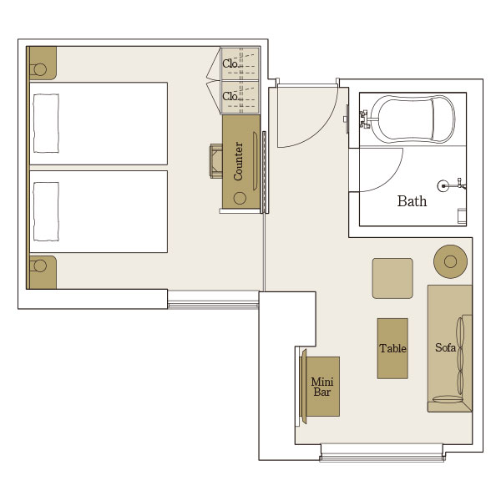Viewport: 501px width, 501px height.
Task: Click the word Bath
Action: click(x=412, y=201)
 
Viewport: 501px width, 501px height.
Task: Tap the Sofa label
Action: click(x=445, y=347)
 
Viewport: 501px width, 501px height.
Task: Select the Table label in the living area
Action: click(x=392, y=348)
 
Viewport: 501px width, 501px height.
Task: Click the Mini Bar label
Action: click(x=322, y=387)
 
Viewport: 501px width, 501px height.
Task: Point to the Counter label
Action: click(x=238, y=161)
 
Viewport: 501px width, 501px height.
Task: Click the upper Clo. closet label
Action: click(x=230, y=64)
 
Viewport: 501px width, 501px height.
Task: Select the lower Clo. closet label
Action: click(x=230, y=96)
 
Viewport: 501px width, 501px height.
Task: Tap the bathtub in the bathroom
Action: click(x=412, y=119)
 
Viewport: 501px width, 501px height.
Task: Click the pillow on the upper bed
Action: click(x=46, y=123)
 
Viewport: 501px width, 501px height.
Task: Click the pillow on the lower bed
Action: click(x=46, y=211)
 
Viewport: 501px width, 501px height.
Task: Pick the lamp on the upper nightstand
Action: click(x=40, y=69)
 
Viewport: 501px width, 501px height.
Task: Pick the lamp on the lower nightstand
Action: click(x=40, y=266)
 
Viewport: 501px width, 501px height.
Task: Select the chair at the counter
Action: click(x=216, y=160)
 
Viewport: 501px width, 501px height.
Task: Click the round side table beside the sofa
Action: click(x=450, y=261)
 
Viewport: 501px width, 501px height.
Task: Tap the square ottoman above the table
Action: click(x=392, y=279)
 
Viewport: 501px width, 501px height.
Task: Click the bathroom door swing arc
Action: click(x=392, y=179)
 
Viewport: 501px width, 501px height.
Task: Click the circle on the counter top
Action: click(x=240, y=199)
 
